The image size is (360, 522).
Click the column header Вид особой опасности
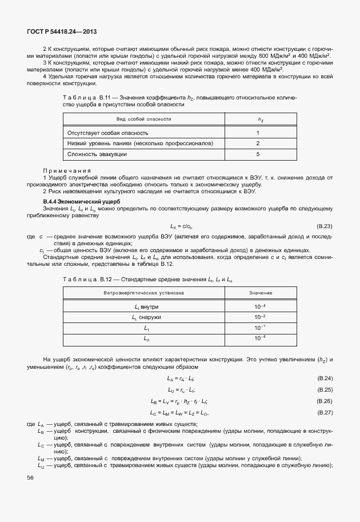[x=143, y=119]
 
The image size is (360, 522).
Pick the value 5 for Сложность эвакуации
[x=258, y=154]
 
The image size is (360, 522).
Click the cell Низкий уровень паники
[x=140, y=144]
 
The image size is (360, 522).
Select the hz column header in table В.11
[x=260, y=119]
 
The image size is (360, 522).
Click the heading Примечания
[x=67, y=170]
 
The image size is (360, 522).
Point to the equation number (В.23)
[x=324, y=226]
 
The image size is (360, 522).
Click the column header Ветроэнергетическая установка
[x=143, y=293]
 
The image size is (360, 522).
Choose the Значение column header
[x=260, y=293]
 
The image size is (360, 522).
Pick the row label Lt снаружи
[x=146, y=317]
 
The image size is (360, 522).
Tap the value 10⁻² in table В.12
[x=260, y=317]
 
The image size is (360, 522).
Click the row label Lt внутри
[x=146, y=306]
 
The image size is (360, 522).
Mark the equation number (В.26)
[x=324, y=401]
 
